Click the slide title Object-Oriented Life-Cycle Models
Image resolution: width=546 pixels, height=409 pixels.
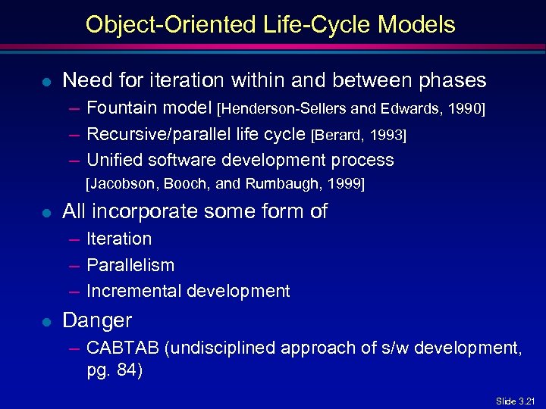click(271, 24)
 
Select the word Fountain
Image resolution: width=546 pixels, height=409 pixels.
click(118, 108)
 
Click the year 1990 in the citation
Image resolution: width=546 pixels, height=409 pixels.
click(463, 109)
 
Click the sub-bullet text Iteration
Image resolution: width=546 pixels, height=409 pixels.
click(119, 239)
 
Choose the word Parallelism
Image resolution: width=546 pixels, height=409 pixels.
click(130, 265)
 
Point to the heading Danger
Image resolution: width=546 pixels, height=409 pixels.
click(97, 320)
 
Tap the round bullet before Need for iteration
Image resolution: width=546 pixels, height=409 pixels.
click(45, 81)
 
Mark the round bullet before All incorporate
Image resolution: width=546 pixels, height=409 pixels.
click(45, 212)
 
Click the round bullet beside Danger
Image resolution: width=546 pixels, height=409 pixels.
click(45, 321)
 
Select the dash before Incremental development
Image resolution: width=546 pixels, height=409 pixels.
click(74, 291)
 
